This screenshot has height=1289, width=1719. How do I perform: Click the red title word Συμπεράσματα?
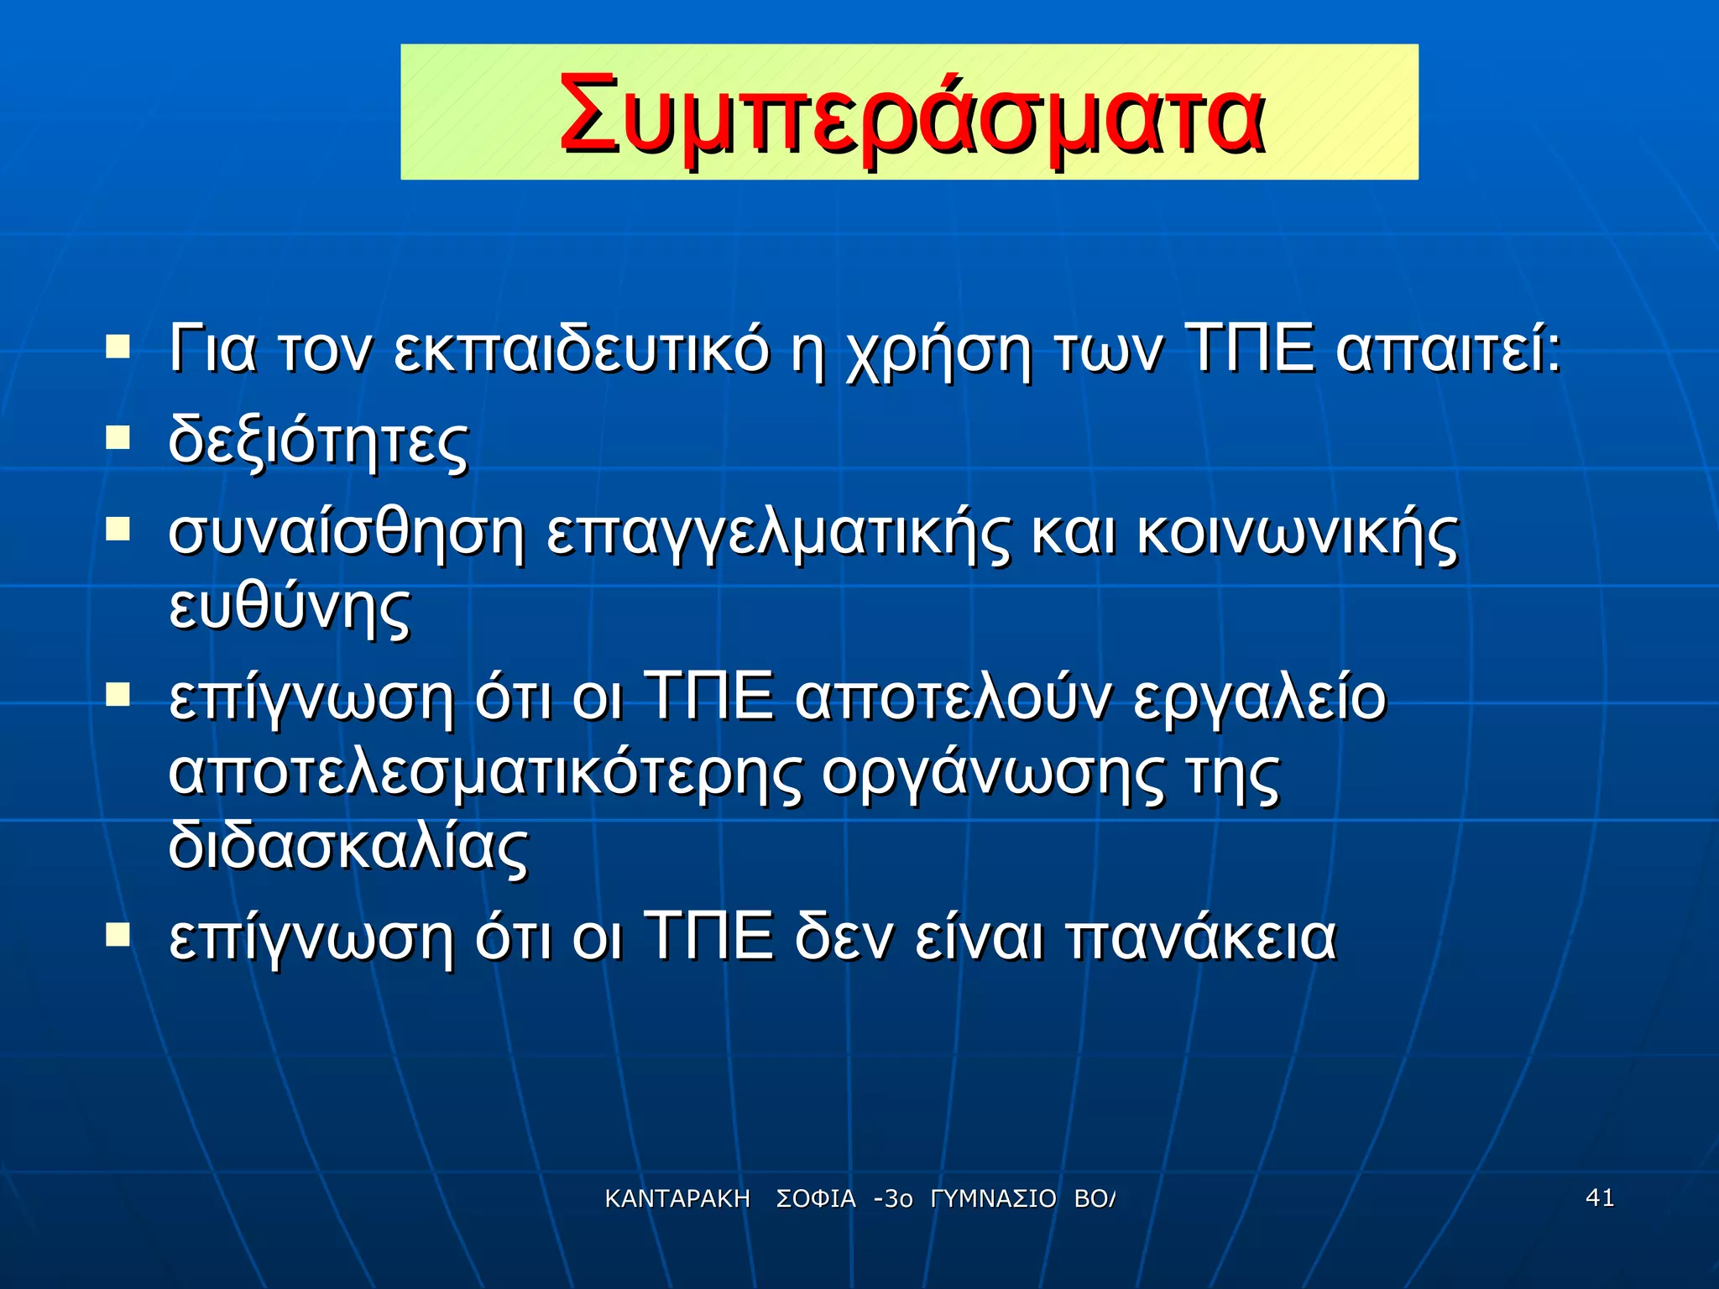pyautogui.click(x=910, y=113)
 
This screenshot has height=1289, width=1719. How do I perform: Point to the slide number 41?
pyautogui.click(x=1600, y=1198)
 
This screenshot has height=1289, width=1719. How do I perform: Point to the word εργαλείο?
pyautogui.click(x=1259, y=698)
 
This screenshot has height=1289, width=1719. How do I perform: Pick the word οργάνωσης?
pyautogui.click(x=991, y=774)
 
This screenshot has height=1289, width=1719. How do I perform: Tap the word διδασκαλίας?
pyautogui.click(x=348, y=846)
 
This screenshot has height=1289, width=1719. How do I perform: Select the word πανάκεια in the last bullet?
pyautogui.click(x=1201, y=937)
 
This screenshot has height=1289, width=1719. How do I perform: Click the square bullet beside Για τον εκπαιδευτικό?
pyautogui.click(x=118, y=346)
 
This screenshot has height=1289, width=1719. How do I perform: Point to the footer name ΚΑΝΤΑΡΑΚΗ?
pyautogui.click(x=677, y=1199)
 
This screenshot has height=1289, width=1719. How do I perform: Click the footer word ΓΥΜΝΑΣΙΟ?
pyautogui.click(x=993, y=1199)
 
